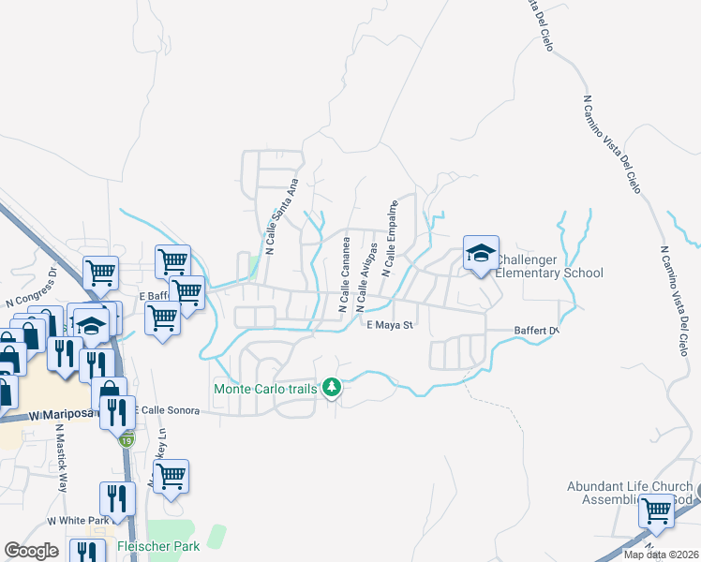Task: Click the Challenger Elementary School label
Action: pyautogui.click(x=548, y=266)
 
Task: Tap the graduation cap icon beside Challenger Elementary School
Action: pyautogui.click(x=481, y=253)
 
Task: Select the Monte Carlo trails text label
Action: pyautogui.click(x=266, y=388)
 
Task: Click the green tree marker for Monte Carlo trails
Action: pyautogui.click(x=331, y=387)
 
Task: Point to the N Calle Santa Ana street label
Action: pyautogui.click(x=281, y=217)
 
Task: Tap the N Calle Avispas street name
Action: pyautogui.click(x=365, y=278)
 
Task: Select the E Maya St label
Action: pyautogui.click(x=390, y=325)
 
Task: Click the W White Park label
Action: pyautogui.click(x=79, y=520)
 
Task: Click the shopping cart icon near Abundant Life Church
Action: pyautogui.click(x=655, y=511)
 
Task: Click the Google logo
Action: pyautogui.click(x=31, y=551)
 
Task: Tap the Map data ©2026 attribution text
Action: pyautogui.click(x=659, y=555)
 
